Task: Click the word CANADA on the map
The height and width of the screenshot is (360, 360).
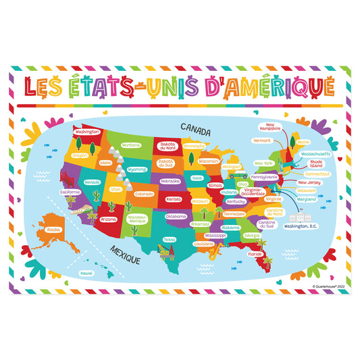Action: (x=197, y=126)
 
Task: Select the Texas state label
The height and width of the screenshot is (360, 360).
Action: (x=169, y=238)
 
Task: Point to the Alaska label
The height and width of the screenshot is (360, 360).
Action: (x=51, y=230)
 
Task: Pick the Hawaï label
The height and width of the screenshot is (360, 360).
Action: (x=86, y=273)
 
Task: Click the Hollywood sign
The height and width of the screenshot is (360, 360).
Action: (x=90, y=209)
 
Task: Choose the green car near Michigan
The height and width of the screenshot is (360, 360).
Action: (x=234, y=176)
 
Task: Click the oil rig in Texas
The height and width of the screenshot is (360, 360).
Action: (x=164, y=253)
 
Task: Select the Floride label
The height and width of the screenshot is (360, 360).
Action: (x=255, y=254)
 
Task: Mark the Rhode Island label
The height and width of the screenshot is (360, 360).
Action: (x=317, y=163)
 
